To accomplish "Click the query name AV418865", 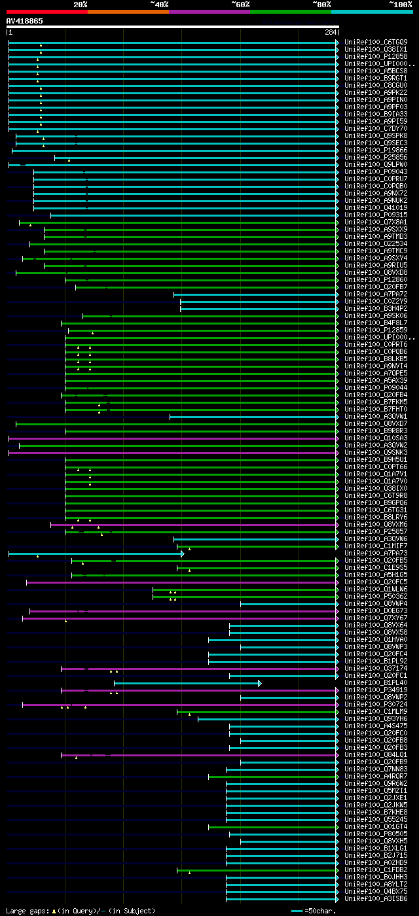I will coord(25,21).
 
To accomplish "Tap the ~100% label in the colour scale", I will coord(400,4).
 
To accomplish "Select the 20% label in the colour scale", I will coord(81,4).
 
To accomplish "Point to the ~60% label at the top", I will coord(240,4).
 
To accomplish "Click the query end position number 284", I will coord(330,32).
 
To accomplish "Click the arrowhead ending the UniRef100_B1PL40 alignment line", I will coord(260,683).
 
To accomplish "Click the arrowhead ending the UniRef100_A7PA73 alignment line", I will coord(183,554).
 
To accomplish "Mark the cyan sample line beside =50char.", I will coord(297,911).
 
